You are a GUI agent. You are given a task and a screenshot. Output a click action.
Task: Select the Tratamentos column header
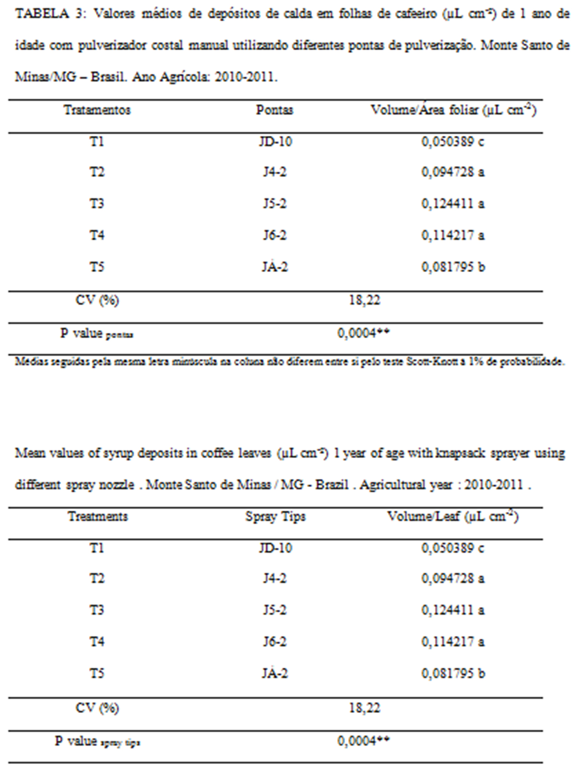tap(97, 110)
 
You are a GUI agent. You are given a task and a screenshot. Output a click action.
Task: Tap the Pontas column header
tap(274, 110)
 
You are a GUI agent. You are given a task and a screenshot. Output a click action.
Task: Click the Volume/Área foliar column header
tap(453, 110)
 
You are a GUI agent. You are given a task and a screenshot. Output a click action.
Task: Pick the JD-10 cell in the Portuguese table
tap(275, 142)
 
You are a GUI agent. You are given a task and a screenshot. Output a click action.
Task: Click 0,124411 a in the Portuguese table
tap(453, 204)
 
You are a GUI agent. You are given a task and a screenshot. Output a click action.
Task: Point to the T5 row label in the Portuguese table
tap(97, 267)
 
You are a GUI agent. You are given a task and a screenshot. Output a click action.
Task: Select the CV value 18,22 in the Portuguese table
tap(364, 300)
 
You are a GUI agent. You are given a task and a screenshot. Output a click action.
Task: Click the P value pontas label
tap(97, 333)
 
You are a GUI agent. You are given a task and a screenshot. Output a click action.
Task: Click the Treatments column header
tap(97, 516)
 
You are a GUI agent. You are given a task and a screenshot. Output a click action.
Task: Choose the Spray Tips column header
tap(275, 516)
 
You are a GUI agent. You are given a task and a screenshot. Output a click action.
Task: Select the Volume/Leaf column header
tap(452, 516)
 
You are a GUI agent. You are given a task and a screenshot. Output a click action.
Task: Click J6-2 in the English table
tap(275, 642)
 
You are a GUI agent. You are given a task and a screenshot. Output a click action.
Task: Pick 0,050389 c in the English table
tap(452, 548)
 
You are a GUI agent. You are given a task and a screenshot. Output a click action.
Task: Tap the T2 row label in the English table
tap(97, 578)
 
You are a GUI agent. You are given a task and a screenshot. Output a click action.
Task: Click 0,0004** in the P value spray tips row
tap(363, 741)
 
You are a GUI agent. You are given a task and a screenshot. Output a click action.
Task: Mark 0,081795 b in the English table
tap(453, 673)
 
